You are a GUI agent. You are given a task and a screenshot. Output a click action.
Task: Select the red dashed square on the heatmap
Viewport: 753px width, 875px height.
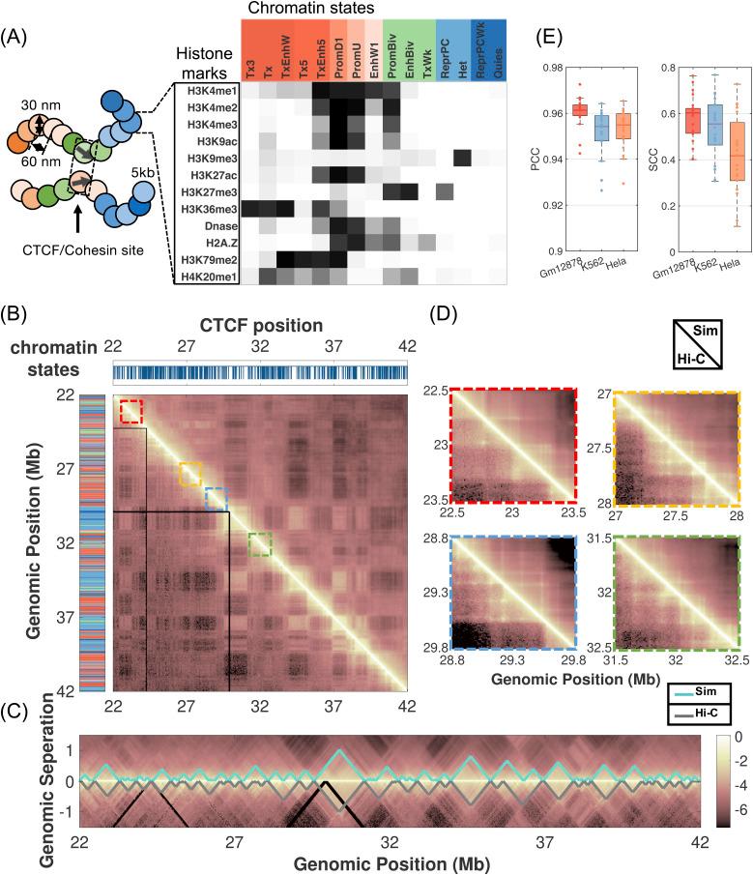pyautogui.click(x=130, y=412)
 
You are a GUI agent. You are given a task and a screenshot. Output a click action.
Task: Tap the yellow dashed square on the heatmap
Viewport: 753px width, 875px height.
pyautogui.click(x=190, y=474)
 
